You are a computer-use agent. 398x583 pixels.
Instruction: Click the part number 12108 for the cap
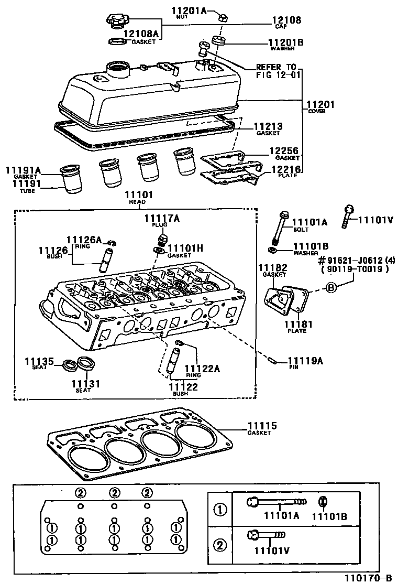[x=286, y=20]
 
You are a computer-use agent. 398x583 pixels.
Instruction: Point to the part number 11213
[x=268, y=127]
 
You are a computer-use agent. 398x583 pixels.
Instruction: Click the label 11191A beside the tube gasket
[x=23, y=170]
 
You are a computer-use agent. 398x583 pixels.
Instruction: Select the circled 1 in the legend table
[x=219, y=509]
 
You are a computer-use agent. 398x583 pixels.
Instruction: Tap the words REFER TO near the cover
[x=276, y=68]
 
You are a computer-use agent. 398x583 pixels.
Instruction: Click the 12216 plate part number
[x=284, y=169]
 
